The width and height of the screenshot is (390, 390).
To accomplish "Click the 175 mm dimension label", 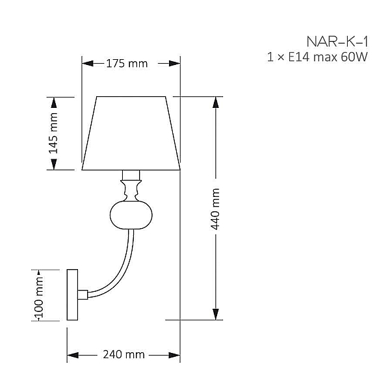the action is pyautogui.click(x=127, y=64).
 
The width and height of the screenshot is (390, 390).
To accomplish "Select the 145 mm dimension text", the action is pyautogui.click(x=53, y=133).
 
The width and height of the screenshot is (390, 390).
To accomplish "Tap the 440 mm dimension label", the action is pyautogui.click(x=215, y=209).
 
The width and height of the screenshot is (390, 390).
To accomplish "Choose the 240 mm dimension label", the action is pyautogui.click(x=124, y=355).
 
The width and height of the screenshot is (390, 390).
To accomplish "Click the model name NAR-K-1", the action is pyautogui.click(x=337, y=42).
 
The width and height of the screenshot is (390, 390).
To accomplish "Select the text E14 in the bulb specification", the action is pyautogui.click(x=299, y=57).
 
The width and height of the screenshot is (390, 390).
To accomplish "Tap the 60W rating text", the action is pyautogui.click(x=354, y=57).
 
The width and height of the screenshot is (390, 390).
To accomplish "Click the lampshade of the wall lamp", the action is pyautogui.click(x=131, y=133).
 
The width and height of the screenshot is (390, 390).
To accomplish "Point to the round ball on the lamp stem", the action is pyautogui.click(x=131, y=215).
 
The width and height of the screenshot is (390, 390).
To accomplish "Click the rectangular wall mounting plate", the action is pyautogui.click(x=72, y=294).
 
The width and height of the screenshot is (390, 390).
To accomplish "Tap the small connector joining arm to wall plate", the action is pyautogui.click(x=83, y=294).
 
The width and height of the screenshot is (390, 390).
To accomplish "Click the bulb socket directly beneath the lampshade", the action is pyautogui.click(x=131, y=175).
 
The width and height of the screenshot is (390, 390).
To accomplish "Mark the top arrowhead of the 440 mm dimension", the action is pyautogui.click(x=216, y=103).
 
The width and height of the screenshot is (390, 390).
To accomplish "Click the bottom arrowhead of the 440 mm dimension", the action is pyautogui.click(x=216, y=314).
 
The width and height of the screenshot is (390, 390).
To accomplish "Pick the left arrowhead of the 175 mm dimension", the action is pyautogui.click(x=88, y=64).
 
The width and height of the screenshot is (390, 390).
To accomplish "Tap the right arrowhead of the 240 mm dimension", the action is pyautogui.click(x=174, y=355).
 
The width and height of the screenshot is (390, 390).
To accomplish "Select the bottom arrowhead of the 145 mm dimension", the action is pyautogui.click(x=54, y=164).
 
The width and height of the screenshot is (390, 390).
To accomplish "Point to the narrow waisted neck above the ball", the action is pyautogui.click(x=131, y=191).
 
